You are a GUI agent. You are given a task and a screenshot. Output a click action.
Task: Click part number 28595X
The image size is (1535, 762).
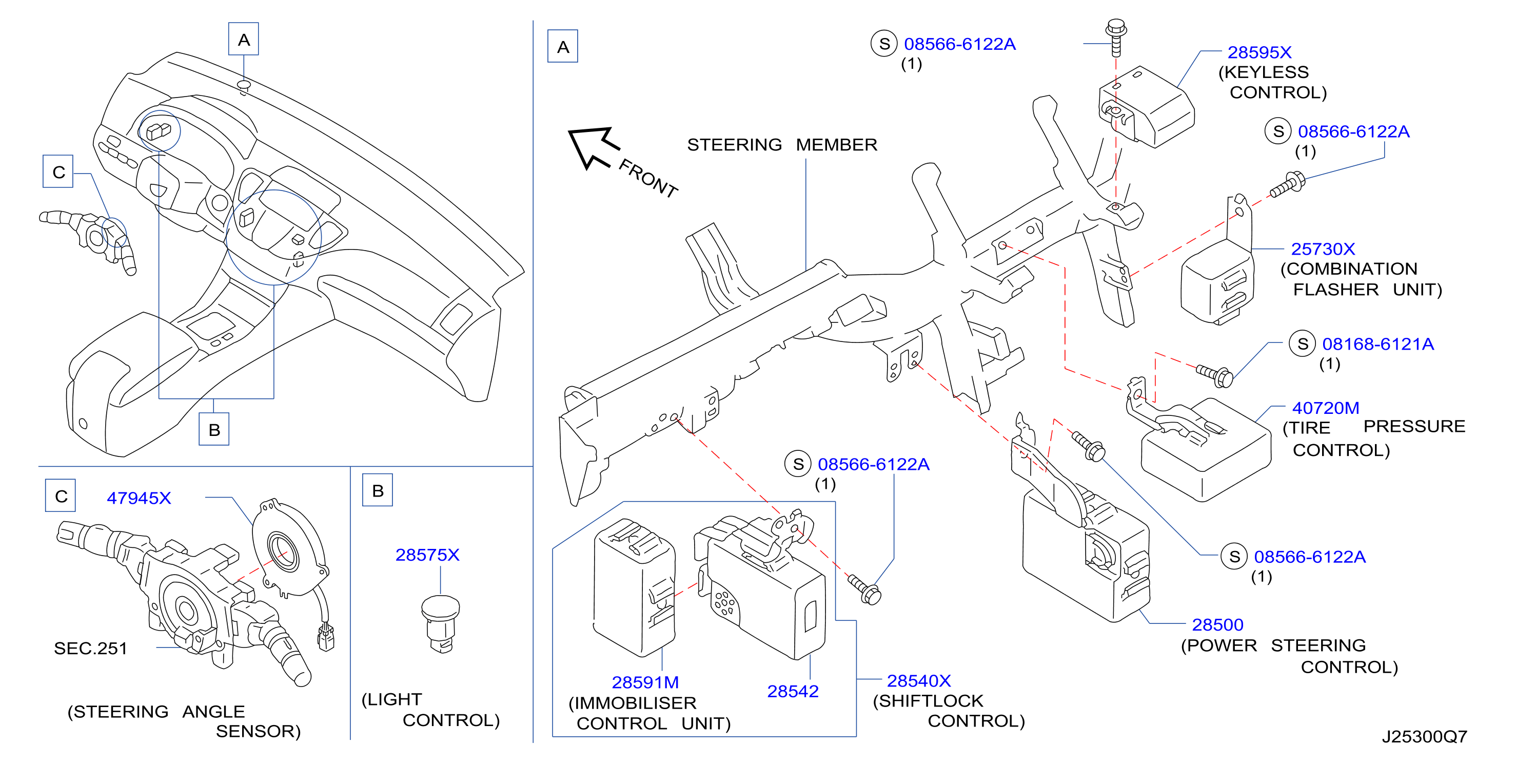tap(1259, 52)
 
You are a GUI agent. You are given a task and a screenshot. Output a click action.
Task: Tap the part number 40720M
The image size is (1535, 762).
tap(1325, 408)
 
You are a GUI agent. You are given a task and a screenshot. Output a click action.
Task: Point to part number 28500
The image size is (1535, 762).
tap(1217, 624)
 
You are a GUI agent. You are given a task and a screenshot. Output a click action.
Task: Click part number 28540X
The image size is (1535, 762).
tap(918, 680)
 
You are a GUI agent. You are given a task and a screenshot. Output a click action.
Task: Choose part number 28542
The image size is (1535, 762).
tap(793, 691)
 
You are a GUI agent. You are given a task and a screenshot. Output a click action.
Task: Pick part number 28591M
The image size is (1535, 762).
tap(645, 682)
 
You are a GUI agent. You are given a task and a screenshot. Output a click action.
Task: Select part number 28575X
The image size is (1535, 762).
tap(427, 555)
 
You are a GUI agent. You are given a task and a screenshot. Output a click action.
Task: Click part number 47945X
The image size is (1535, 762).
tap(139, 498)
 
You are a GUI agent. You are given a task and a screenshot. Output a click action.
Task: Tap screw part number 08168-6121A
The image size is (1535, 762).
tap(1377, 344)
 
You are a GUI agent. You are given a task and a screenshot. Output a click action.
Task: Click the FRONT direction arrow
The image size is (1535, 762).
tap(594, 147)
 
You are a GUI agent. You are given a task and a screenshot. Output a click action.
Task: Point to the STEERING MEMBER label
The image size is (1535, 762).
tap(782, 145)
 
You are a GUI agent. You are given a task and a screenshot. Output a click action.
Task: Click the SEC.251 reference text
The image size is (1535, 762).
tap(91, 648)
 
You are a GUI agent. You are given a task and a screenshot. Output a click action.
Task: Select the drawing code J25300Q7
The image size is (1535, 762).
tap(1424, 737)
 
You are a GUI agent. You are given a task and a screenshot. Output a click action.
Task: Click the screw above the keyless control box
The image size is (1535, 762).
tap(1115, 37)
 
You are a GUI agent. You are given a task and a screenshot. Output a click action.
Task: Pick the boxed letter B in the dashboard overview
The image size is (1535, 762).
tap(214, 429)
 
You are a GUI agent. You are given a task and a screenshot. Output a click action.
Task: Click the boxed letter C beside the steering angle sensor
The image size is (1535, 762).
tap(61, 496)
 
